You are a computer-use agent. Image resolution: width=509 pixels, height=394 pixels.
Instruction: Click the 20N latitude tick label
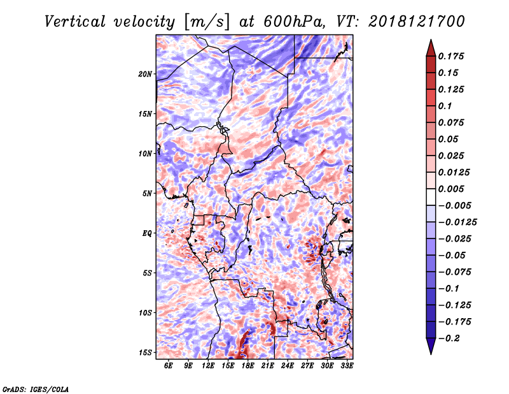[145, 74]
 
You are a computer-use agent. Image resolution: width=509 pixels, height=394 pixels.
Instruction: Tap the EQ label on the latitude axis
[147, 233]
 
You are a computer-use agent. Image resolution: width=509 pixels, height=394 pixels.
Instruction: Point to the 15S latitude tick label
[145, 353]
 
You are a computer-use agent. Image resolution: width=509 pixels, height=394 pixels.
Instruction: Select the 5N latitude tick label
[147, 194]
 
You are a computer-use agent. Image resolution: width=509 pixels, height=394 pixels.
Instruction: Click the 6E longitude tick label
[168, 365]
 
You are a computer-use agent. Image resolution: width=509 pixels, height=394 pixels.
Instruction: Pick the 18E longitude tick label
[248, 365]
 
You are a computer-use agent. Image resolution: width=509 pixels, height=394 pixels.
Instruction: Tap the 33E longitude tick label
[347, 365]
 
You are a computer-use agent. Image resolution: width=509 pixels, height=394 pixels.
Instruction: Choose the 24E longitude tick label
[288, 365]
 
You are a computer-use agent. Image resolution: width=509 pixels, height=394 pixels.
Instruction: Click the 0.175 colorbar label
[451, 56]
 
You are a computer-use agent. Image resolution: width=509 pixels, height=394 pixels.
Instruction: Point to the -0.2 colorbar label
[449, 339]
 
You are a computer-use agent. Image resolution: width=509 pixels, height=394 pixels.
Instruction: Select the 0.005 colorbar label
[451, 189]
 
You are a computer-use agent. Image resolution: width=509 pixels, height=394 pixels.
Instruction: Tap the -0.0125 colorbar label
[457, 223]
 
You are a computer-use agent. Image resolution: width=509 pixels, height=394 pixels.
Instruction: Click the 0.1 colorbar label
[445, 106]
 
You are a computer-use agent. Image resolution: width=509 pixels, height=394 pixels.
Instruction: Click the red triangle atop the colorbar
[431, 48]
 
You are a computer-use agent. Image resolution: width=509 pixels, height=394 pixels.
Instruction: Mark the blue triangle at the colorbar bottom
[431, 346]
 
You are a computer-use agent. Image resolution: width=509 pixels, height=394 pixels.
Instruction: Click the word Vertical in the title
[75, 22]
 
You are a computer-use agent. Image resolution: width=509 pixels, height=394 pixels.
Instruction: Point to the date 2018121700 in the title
[417, 22]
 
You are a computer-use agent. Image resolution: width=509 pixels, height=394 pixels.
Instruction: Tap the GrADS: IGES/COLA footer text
[36, 389]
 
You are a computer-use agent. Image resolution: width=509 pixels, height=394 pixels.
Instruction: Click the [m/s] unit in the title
[207, 22]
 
